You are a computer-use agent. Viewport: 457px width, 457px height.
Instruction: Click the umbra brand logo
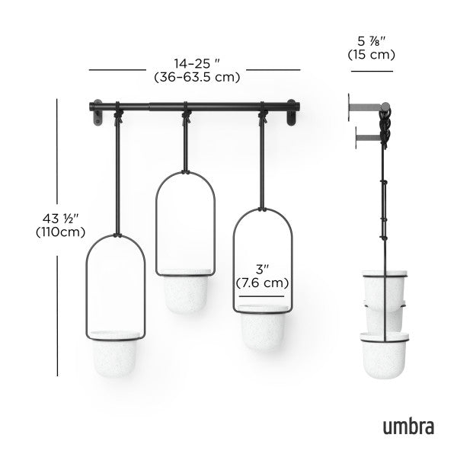pos(407,425)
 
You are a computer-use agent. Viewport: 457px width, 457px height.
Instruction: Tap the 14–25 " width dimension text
pos(197,63)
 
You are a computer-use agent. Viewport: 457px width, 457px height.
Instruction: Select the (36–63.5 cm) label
pos(197,77)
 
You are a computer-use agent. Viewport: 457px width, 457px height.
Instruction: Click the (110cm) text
pos(60,232)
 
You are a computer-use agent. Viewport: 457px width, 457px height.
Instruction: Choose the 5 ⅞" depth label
pos(371,40)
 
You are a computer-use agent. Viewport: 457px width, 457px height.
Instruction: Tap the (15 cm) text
pos(371,55)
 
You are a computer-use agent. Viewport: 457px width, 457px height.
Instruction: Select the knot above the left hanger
pos(119,118)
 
